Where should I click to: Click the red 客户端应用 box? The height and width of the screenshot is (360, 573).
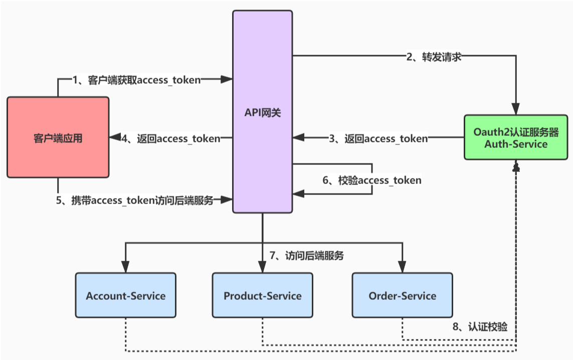[58, 137]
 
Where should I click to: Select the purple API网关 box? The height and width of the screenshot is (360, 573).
[262, 111]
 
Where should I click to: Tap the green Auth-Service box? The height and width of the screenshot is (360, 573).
[516, 137]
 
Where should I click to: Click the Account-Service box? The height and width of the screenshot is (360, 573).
[125, 295]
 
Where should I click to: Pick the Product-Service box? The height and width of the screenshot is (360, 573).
[262, 295]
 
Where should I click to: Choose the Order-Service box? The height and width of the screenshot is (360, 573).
[402, 295]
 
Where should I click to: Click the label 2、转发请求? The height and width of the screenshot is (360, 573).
[434, 57]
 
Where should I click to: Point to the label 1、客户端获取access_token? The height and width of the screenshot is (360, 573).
[137, 79]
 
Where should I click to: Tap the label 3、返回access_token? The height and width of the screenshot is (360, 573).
[378, 138]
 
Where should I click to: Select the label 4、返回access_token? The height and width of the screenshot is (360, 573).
[172, 138]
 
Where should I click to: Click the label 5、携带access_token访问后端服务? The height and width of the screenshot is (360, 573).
[135, 201]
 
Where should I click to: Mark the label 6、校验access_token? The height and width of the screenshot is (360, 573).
[372, 179]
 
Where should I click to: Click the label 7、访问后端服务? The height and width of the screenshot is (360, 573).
[307, 255]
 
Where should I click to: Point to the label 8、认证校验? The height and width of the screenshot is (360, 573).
[480, 327]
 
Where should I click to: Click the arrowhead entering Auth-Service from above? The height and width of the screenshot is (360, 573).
[516, 110]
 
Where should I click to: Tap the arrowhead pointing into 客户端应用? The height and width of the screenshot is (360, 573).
[114, 137]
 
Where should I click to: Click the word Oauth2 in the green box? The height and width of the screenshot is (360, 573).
[491, 132]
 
